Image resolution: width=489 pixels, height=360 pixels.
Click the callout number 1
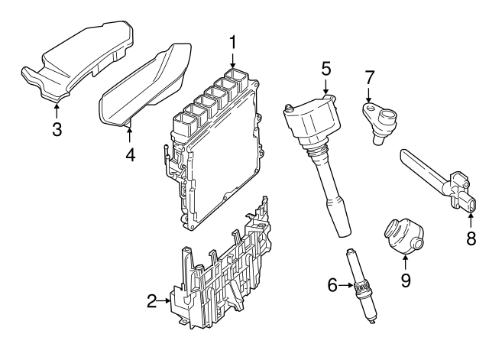coord(234,41)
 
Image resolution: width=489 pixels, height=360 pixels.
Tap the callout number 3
coord(57,129)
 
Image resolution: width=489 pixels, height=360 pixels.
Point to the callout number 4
coord(130,154)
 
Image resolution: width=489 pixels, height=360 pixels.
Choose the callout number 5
coord(326,68)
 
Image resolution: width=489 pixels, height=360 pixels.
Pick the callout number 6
coord(332,286)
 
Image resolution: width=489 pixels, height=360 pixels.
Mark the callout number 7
coord(369,77)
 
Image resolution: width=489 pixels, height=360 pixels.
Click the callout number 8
coord(471,238)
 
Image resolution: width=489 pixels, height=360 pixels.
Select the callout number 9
coord(405,280)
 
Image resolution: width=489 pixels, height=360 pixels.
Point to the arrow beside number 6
coord(346,286)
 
